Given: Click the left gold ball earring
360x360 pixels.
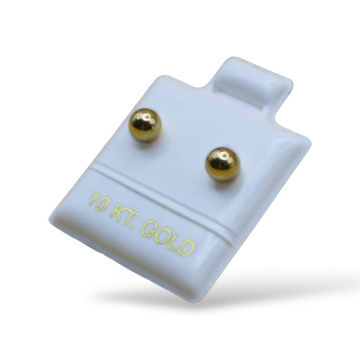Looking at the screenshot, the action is (145, 125).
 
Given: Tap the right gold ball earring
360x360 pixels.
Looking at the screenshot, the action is (222, 164).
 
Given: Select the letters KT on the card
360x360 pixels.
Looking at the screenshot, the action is (124, 214).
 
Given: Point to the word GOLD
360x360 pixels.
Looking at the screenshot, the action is (168, 238).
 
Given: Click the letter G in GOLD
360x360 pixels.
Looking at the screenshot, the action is (149, 229).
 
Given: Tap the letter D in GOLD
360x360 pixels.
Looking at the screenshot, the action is (186, 247).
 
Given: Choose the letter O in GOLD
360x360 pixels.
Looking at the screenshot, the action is (161, 235).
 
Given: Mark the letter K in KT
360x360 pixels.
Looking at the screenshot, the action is (118, 211).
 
